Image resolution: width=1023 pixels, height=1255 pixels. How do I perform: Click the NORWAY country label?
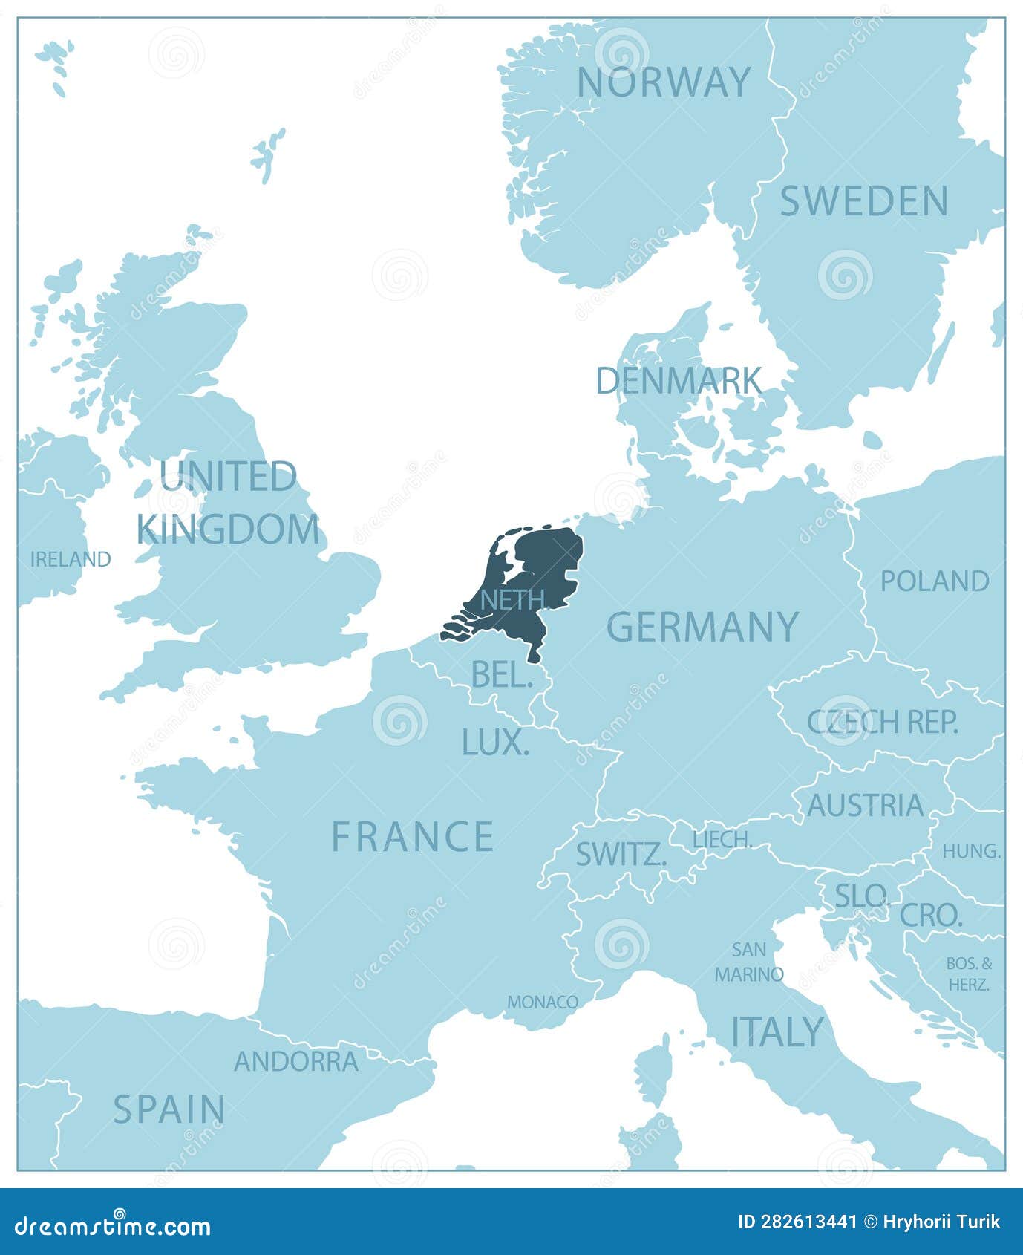click(x=664, y=82)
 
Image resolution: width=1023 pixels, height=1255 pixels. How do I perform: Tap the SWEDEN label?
click(x=864, y=201)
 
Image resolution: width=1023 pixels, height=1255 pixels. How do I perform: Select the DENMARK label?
click(x=679, y=381)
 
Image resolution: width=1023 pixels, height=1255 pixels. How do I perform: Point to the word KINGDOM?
click(x=228, y=530)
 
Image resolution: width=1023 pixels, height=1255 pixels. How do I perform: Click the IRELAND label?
click(x=71, y=559)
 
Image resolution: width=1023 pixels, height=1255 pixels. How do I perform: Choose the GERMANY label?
click(x=702, y=627)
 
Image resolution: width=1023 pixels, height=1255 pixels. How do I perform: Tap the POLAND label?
click(x=935, y=581)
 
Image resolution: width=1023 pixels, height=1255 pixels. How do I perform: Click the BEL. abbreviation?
click(x=502, y=675)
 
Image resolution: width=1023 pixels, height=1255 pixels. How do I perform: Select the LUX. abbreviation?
click(x=495, y=743)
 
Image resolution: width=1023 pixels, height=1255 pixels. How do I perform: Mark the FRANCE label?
click(x=413, y=837)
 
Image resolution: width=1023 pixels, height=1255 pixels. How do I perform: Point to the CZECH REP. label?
click(x=883, y=722)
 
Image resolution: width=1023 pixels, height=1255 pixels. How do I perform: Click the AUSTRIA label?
click(x=865, y=806)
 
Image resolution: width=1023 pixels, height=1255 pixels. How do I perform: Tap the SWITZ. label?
click(x=621, y=855)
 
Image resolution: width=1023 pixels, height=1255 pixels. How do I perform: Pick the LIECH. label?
click(x=722, y=840)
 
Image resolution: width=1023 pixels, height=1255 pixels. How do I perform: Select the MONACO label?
click(x=543, y=1002)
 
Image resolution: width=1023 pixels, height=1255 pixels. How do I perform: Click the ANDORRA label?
click(x=296, y=1061)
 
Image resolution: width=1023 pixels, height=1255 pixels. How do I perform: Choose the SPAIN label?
click(x=169, y=1109)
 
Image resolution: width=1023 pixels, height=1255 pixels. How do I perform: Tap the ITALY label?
click(x=777, y=1031)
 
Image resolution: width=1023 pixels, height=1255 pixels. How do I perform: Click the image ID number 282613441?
click(x=797, y=1222)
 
